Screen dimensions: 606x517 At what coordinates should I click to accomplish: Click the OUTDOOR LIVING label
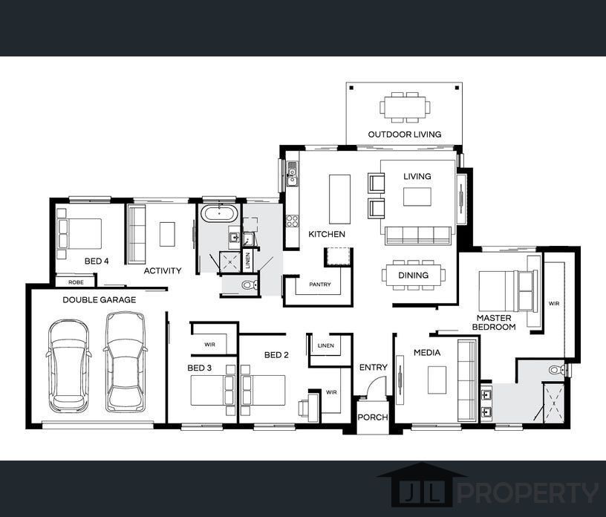tap(404, 134)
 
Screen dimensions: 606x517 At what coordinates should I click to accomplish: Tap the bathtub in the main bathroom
tap(219, 213)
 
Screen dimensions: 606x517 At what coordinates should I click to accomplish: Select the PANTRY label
tap(320, 284)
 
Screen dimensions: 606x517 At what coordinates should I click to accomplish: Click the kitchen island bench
tap(339, 199)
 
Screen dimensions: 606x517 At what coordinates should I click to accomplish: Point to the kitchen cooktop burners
tap(292, 221)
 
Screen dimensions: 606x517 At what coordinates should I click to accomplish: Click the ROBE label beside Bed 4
tap(76, 282)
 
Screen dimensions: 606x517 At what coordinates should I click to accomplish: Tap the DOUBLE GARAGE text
tap(100, 299)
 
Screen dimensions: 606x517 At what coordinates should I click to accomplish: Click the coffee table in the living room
tap(417, 197)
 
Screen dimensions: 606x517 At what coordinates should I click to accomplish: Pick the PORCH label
tap(373, 417)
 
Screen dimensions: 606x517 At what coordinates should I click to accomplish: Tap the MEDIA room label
tap(427, 353)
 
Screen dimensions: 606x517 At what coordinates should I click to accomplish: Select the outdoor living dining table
tap(405, 107)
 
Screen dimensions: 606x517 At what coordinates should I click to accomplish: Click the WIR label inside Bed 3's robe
tap(210, 344)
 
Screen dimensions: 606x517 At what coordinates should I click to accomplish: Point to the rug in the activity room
tap(167, 234)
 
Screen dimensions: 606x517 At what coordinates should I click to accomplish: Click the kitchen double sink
tap(292, 175)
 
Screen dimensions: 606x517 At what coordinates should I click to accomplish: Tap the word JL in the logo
tap(422, 492)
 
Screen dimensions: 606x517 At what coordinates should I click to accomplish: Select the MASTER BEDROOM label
tap(494, 322)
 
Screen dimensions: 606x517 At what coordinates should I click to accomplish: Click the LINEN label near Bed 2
tap(326, 345)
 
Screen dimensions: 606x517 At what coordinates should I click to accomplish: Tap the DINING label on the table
tap(413, 276)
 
